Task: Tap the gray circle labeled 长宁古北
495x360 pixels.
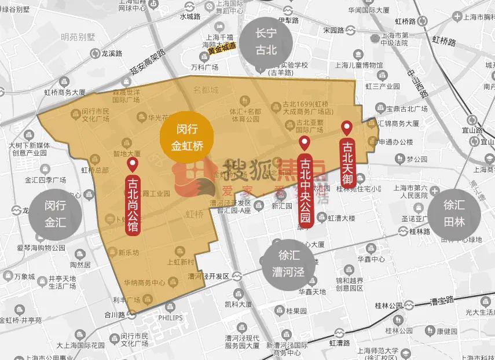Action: (267, 42)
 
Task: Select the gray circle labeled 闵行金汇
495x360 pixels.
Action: (56, 213)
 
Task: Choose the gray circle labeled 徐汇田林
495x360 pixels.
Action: (454, 213)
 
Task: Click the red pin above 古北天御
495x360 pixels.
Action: (347, 128)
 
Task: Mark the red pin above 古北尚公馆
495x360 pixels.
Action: (132, 164)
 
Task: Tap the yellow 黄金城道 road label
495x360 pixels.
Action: (222, 50)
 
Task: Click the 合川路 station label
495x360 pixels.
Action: (115, 316)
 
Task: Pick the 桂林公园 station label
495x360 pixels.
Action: (388, 305)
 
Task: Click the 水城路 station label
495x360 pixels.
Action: (189, 17)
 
